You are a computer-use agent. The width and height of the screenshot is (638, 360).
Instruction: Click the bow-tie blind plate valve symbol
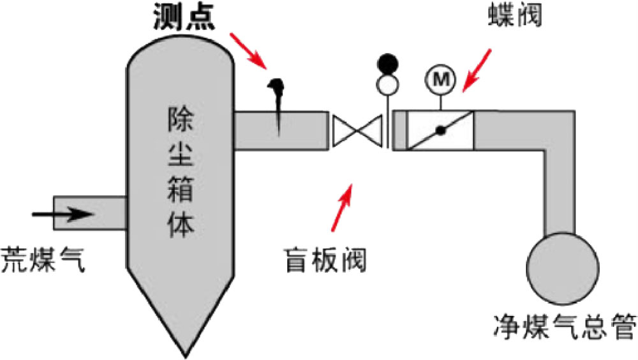[355, 131]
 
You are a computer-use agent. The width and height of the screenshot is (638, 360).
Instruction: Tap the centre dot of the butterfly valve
[440, 131]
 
